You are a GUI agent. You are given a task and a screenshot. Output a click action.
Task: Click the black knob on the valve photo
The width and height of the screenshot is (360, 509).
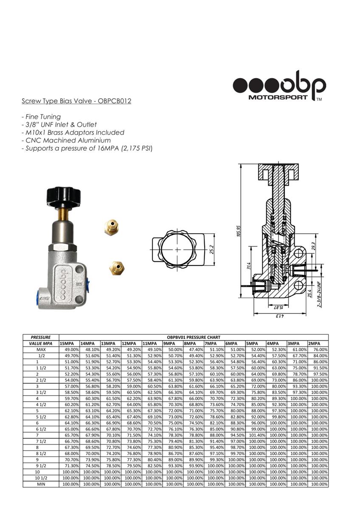[65, 197]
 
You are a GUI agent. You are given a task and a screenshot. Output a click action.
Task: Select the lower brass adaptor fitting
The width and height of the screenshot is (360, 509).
[117, 268]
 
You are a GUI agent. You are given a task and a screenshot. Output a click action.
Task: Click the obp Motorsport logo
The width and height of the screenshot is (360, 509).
[279, 86]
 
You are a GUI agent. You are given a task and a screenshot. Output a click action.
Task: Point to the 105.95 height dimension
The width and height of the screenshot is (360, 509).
[239, 231]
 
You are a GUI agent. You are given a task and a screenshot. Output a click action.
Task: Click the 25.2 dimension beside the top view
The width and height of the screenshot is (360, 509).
[212, 249]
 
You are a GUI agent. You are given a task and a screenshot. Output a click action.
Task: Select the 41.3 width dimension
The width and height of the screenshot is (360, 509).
[279, 316]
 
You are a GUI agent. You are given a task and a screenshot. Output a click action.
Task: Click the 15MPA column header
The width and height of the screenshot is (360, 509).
[67, 343]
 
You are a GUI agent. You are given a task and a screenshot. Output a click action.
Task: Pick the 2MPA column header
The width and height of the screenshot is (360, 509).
[314, 343]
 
